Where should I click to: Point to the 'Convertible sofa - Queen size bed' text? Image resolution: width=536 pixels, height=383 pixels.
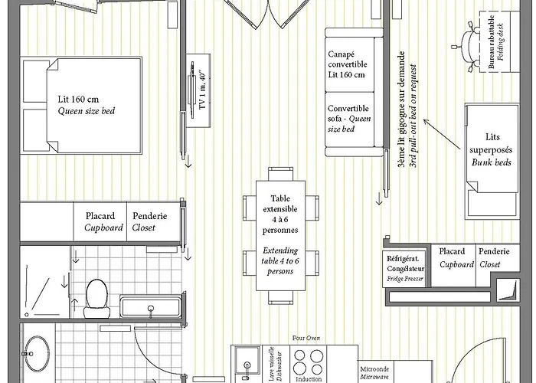click(348, 119)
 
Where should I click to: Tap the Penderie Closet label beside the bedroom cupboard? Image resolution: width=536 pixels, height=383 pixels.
click(150, 222)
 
